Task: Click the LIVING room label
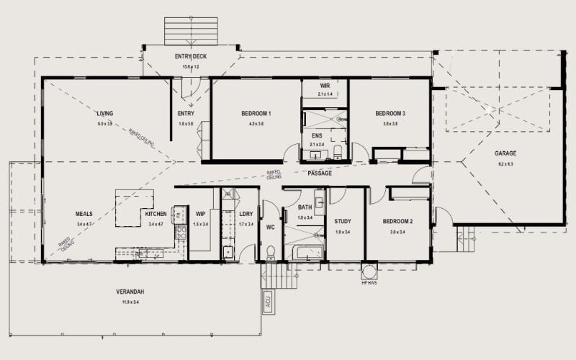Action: (x=105, y=114)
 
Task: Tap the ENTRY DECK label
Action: (x=191, y=56)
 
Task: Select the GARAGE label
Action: (x=505, y=153)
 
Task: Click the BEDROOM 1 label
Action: (x=256, y=114)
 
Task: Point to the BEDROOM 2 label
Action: (x=397, y=221)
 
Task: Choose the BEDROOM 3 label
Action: (x=390, y=114)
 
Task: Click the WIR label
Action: (x=325, y=86)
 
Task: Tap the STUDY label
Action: (x=343, y=221)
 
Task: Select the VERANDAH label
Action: (x=131, y=292)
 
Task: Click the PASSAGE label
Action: (x=320, y=174)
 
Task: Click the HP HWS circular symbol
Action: (x=369, y=271)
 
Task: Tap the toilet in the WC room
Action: (x=271, y=253)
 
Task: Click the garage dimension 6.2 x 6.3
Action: (x=505, y=164)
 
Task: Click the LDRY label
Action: (x=246, y=215)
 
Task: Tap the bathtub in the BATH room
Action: (x=306, y=253)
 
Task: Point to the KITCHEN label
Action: (x=156, y=215)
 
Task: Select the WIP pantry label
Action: (x=200, y=215)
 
